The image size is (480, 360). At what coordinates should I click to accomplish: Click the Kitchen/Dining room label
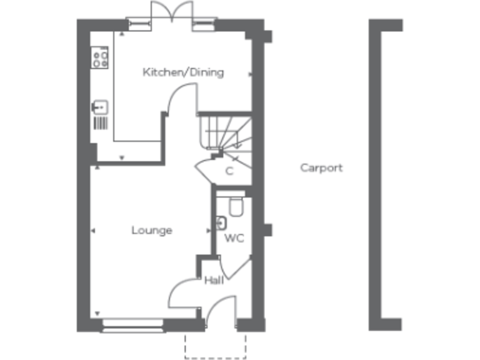(x=183, y=72)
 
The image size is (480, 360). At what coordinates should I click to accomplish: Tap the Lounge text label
(x=151, y=231)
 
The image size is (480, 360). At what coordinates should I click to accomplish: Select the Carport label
(x=321, y=167)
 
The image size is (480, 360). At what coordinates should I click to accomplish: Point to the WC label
(x=234, y=238)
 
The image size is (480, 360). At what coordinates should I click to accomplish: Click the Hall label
(x=214, y=281)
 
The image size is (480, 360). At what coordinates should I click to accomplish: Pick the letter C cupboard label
(x=229, y=171)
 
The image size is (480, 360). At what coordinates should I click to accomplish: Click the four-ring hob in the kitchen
(x=100, y=59)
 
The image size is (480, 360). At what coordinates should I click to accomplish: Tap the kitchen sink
(x=100, y=107)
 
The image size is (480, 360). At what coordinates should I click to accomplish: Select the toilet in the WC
(x=236, y=206)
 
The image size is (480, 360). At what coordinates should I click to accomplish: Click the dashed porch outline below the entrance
(x=216, y=346)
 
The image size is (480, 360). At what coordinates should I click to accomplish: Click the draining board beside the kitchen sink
(x=100, y=122)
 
